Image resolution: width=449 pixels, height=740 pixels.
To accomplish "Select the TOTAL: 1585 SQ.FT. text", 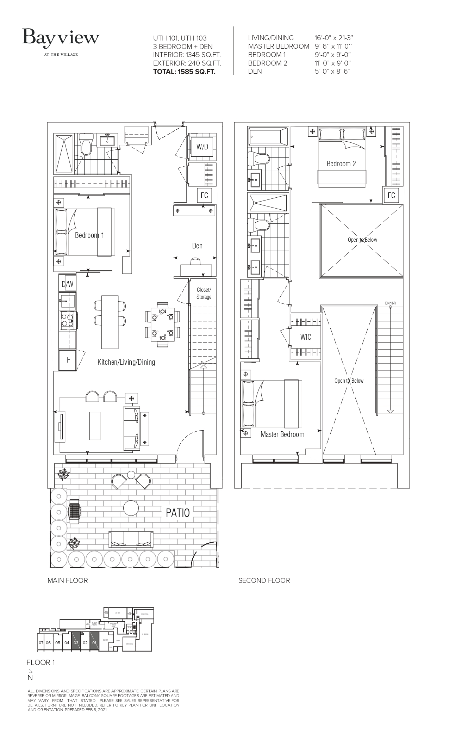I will click(x=184, y=72).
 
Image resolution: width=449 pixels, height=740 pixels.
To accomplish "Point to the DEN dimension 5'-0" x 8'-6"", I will click(x=332, y=71).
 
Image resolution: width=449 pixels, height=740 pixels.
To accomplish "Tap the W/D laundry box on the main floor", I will click(x=202, y=147).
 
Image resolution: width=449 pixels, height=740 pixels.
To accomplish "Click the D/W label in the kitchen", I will click(x=67, y=284).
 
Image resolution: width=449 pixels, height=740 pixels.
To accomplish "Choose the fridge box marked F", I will click(x=68, y=360).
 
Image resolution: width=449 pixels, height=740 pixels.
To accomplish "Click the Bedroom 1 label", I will click(x=89, y=235).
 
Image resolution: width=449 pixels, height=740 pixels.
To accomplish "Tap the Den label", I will click(x=197, y=246).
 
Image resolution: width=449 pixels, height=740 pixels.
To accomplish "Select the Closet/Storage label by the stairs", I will click(x=204, y=293).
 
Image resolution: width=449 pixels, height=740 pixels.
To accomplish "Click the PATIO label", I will click(x=177, y=513).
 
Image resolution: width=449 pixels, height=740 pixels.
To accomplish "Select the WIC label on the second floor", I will click(x=306, y=337).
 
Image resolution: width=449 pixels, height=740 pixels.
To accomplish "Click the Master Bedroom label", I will click(x=282, y=434).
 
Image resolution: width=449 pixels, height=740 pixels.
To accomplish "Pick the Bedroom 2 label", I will click(x=341, y=164).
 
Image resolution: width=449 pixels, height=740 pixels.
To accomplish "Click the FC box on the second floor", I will click(x=391, y=195).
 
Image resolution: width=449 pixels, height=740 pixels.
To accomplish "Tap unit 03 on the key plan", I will click(x=76, y=642).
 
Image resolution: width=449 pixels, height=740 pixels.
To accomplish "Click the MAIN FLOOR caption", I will click(x=68, y=580).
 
